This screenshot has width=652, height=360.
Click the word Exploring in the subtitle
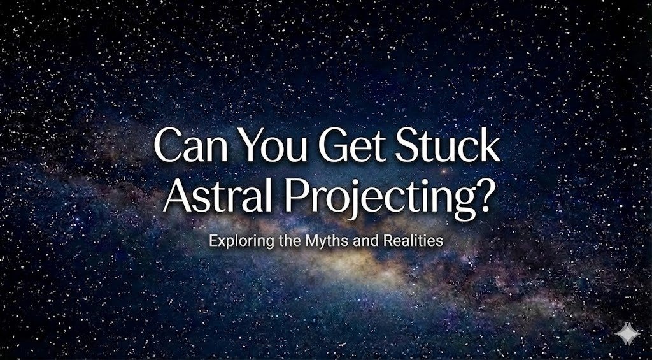(236, 242)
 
